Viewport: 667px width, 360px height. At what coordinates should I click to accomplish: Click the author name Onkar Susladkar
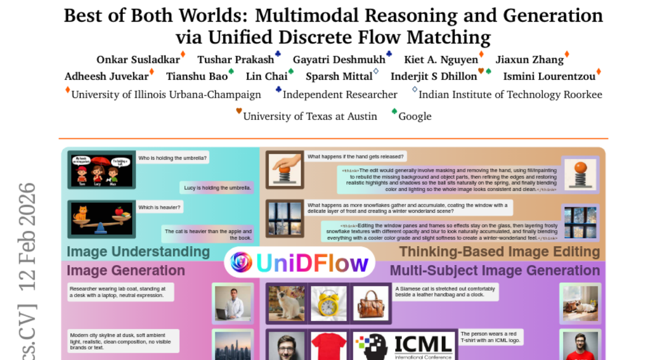pos(138,59)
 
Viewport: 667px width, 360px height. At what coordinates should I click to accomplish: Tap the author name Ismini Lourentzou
pos(549,76)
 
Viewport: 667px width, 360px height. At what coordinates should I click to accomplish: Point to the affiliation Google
pos(415,116)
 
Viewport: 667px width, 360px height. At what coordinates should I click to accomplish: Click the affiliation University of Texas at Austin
pos(310,116)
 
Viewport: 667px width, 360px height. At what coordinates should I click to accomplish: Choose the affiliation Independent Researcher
pos(340,94)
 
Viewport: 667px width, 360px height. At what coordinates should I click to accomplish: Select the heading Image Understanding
pos(138,252)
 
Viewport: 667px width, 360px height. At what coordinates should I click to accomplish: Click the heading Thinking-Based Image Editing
pos(500,252)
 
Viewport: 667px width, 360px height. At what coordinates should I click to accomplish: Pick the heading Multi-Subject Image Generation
pos(495,271)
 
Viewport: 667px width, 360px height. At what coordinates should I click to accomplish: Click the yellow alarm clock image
pos(328,303)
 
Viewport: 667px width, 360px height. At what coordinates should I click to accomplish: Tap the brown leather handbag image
pos(371,303)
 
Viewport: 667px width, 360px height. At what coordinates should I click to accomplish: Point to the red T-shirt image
pos(328,346)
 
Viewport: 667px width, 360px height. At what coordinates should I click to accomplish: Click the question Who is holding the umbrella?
pos(172,158)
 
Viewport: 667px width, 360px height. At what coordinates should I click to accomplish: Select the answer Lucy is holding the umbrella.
pos(218,188)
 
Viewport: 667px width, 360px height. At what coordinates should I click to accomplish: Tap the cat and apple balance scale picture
pos(101,219)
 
